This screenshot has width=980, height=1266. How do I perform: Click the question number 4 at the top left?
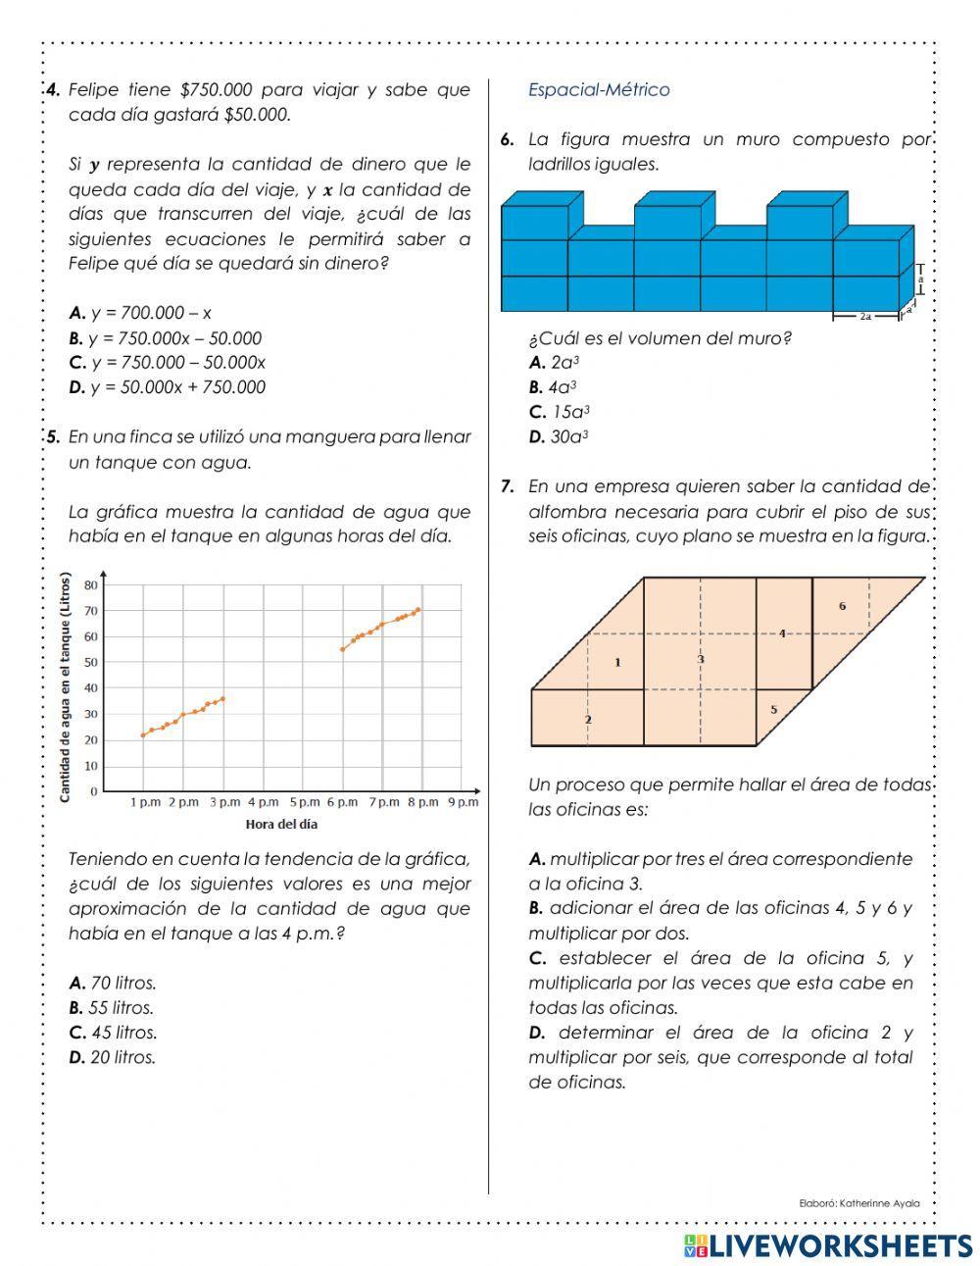click(x=54, y=90)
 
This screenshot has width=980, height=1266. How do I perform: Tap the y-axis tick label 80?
click(x=91, y=585)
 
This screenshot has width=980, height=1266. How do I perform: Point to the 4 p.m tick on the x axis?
click(x=264, y=802)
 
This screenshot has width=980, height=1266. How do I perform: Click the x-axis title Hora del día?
click(x=281, y=824)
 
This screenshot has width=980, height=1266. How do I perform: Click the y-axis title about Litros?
click(x=65, y=687)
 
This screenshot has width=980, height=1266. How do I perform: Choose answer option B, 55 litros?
click(x=112, y=1007)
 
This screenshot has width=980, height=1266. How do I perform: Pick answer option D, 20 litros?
click(x=112, y=1057)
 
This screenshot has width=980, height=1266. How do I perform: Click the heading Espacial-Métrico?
click(x=599, y=90)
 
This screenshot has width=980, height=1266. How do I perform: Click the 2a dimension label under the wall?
click(x=865, y=317)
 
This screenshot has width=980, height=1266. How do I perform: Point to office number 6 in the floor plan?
click(x=842, y=607)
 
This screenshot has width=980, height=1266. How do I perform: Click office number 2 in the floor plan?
click(x=588, y=720)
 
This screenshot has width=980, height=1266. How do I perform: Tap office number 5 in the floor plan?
click(x=773, y=709)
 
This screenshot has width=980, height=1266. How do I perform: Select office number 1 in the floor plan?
click(x=617, y=663)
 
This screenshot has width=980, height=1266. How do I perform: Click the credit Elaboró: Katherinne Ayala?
click(x=859, y=1202)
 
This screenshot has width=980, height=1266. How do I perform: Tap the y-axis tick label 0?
click(x=94, y=791)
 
